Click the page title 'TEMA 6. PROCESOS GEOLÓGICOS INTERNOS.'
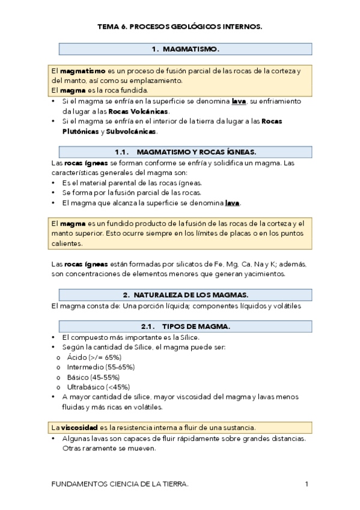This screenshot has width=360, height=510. click(180, 27)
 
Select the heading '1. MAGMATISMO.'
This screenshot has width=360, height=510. click(185, 49)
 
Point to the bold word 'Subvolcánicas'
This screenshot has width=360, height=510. click(131, 131)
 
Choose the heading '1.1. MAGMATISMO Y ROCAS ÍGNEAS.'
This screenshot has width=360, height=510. click(185, 152)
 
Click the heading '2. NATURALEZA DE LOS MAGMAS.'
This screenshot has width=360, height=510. click(185, 295)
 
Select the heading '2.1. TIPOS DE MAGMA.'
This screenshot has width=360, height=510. click(185, 327)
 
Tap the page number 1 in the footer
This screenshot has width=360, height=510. click(307, 484)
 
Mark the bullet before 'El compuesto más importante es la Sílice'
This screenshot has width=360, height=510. click(54, 338)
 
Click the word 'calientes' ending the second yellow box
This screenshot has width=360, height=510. click(67, 244)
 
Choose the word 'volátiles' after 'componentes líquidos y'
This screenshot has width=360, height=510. click(284, 306)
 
